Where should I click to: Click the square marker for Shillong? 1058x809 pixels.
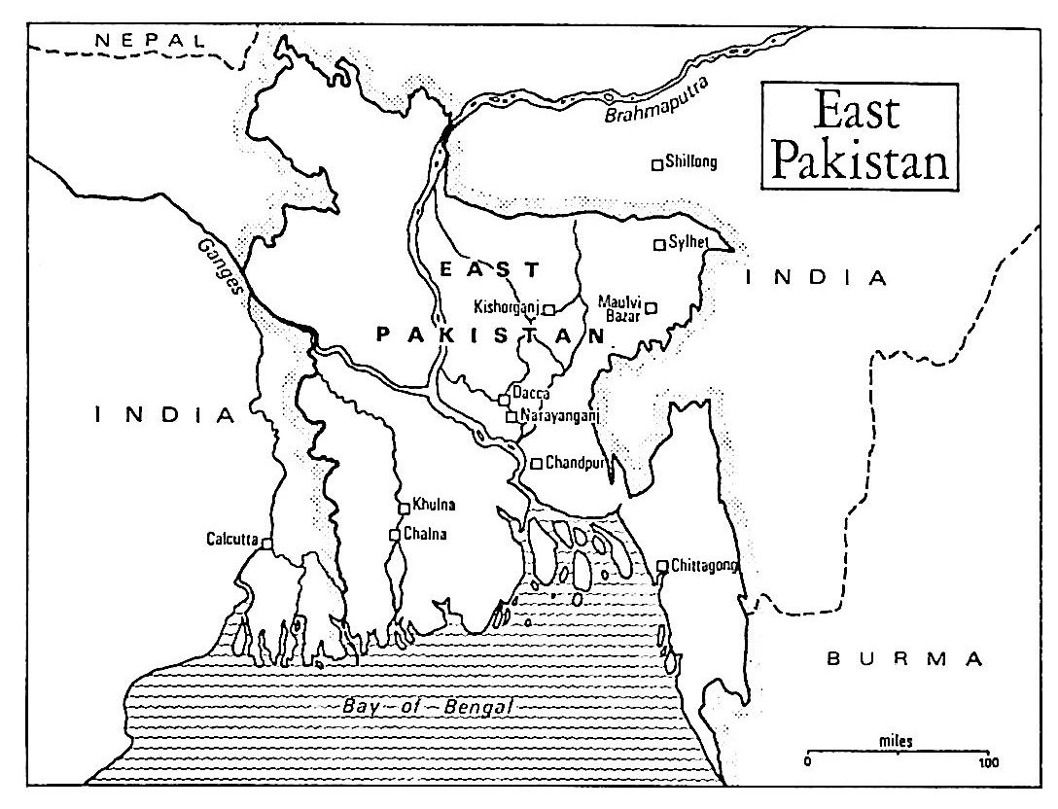coord(657,164)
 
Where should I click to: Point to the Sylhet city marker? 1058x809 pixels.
coord(659,244)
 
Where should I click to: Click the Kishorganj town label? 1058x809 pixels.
coord(506,307)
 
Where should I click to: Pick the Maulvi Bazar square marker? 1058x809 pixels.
coord(652,307)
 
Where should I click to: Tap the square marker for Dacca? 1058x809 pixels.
coord(504,399)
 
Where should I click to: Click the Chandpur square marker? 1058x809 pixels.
coord(535,464)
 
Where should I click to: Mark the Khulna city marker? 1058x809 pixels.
coord(404,508)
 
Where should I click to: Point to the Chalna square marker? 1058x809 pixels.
coord(394,535)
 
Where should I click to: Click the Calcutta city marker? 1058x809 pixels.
coord(265,545)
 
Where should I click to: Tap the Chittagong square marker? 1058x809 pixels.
coord(662,565)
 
